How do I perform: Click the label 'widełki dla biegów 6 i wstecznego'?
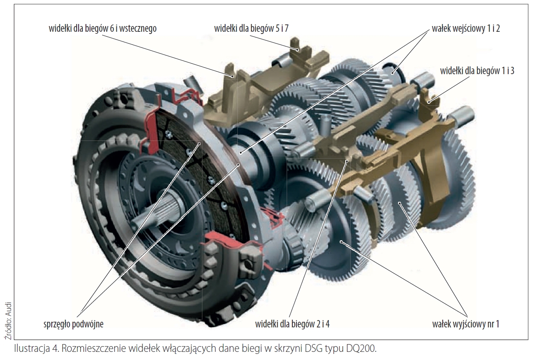point(102,29)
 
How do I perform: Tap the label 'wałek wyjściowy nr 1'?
point(466,325)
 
